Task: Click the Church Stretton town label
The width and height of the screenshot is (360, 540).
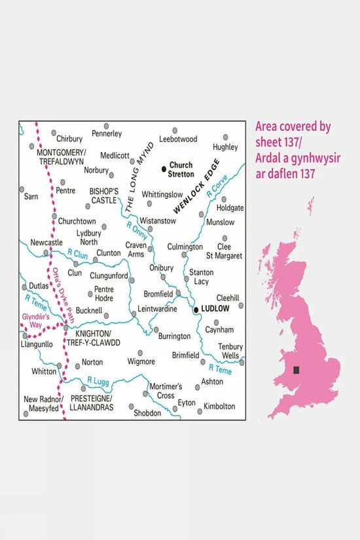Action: (181, 170)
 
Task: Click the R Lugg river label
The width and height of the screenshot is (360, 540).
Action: (97, 379)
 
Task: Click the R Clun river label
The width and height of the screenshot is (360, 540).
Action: (77, 253)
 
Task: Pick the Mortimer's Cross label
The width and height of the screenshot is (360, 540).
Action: (165, 391)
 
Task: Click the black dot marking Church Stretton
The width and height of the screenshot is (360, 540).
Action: (164, 170)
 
